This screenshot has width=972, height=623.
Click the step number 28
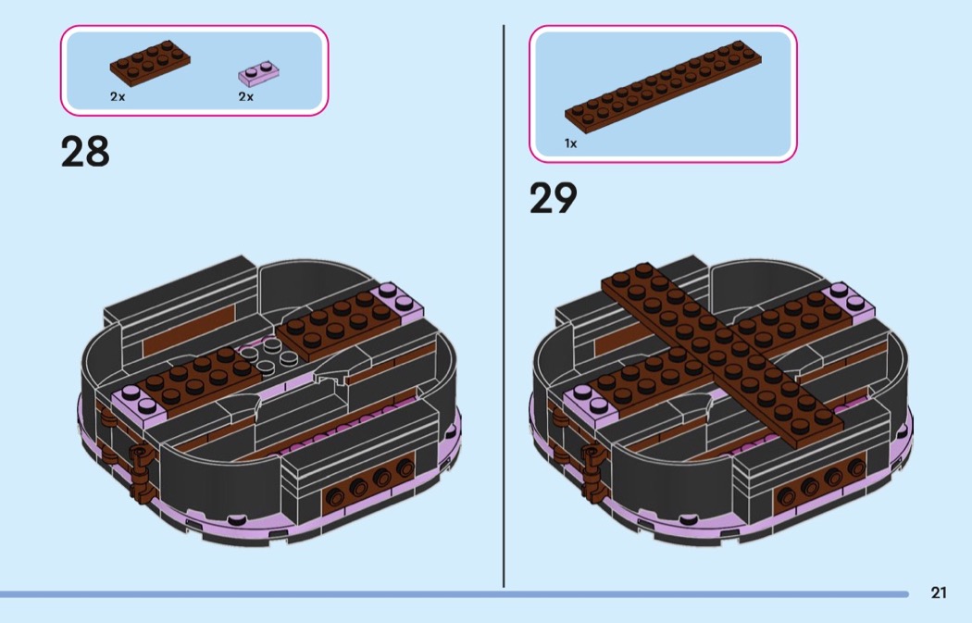pyautogui.click(x=85, y=152)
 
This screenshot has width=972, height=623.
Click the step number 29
pyautogui.click(x=553, y=198)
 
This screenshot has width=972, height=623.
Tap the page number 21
pyautogui.click(x=939, y=592)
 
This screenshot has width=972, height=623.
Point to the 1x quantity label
pyautogui.click(x=570, y=143)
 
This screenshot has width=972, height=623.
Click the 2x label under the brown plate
pyautogui.click(x=118, y=96)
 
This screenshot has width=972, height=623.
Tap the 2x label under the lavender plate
pyautogui.click(x=246, y=96)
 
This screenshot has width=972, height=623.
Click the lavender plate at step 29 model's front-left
pyautogui.click(x=591, y=403)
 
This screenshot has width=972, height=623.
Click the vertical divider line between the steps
pyautogui.click(x=504, y=306)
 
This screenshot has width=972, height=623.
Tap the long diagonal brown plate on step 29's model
pyautogui.click(x=723, y=355)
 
